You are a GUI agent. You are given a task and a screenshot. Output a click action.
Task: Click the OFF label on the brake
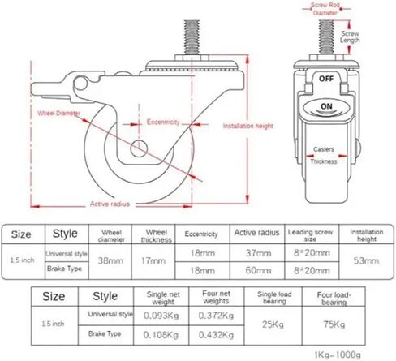326,79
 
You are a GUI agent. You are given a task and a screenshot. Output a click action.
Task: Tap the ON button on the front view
326,106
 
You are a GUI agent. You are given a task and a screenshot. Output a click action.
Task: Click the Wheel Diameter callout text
58,113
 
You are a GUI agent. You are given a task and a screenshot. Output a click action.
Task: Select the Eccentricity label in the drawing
163,122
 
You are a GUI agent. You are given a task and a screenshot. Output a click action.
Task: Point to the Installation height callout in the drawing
247,126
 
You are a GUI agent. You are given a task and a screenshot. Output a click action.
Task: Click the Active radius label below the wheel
110,204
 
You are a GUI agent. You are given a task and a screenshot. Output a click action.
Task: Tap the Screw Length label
350,37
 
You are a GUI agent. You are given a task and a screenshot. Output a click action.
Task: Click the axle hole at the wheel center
139,148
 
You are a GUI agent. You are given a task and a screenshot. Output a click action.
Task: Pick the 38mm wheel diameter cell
110,260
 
